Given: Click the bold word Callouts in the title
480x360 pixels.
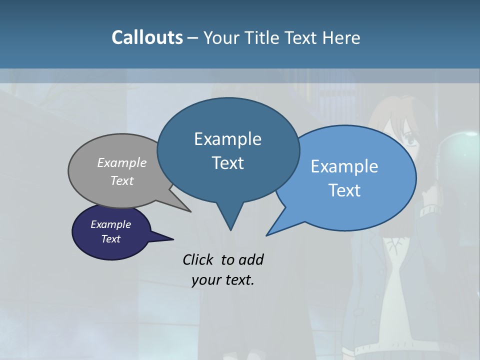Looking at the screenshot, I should (147, 37).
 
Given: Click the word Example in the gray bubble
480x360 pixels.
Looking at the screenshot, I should (122, 162).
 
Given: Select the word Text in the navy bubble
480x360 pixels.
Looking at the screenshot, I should (111, 239).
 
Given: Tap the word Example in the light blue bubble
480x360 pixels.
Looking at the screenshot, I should (344, 166).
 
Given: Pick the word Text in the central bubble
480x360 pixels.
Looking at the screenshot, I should (228, 163).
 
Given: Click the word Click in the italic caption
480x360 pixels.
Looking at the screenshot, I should (199, 259).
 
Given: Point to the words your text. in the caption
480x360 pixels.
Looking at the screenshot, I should (223, 280).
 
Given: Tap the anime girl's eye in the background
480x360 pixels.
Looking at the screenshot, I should (409, 141).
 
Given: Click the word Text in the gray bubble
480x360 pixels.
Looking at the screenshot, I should (122, 181).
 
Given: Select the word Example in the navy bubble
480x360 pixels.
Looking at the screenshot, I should (111, 224).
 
